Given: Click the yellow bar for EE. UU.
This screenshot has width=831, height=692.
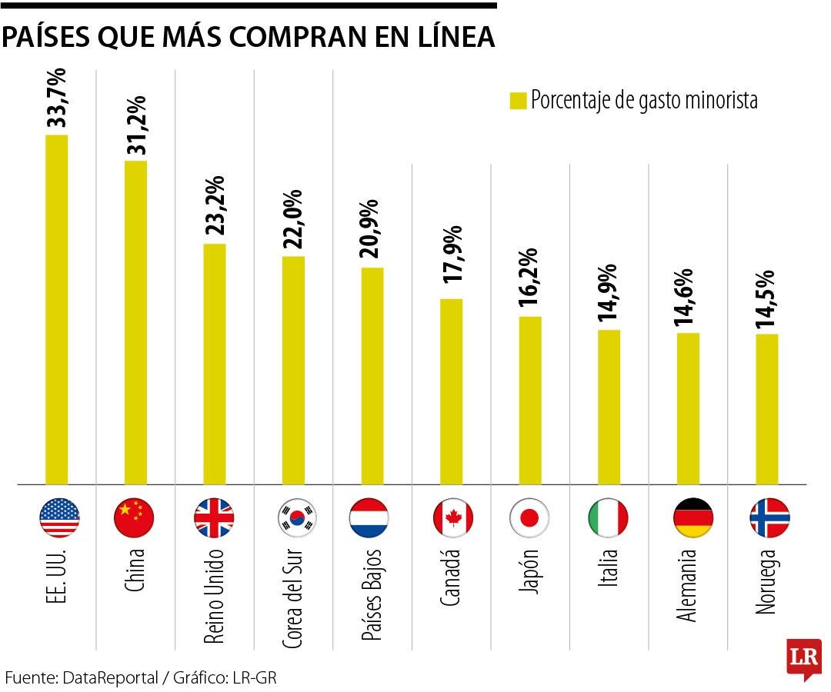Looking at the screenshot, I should (x=56, y=310).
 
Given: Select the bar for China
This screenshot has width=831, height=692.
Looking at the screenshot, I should (x=135, y=323).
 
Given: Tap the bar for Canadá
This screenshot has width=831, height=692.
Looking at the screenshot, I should (x=451, y=391).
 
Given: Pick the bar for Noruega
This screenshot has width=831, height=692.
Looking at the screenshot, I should (x=766, y=409).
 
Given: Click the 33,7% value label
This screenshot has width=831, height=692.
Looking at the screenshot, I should (x=57, y=98).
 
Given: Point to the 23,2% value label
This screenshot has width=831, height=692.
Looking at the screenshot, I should (x=215, y=205).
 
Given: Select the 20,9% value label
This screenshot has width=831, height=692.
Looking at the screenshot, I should (x=372, y=230).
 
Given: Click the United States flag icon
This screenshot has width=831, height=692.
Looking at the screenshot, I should (x=58, y=517).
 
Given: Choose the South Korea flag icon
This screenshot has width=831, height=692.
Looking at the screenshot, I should (x=297, y=517).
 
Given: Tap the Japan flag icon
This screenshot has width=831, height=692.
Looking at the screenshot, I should (x=529, y=517).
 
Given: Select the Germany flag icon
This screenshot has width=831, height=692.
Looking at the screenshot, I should (x=692, y=517).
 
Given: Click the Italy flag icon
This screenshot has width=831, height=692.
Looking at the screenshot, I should (x=608, y=517).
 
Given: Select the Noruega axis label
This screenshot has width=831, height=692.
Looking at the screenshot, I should (x=766, y=581).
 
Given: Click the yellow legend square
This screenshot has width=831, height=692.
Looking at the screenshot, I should (x=518, y=101).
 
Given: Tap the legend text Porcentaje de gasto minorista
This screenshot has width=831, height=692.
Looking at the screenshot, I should (x=644, y=101).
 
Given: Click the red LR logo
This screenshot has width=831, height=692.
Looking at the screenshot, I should (x=803, y=658).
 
